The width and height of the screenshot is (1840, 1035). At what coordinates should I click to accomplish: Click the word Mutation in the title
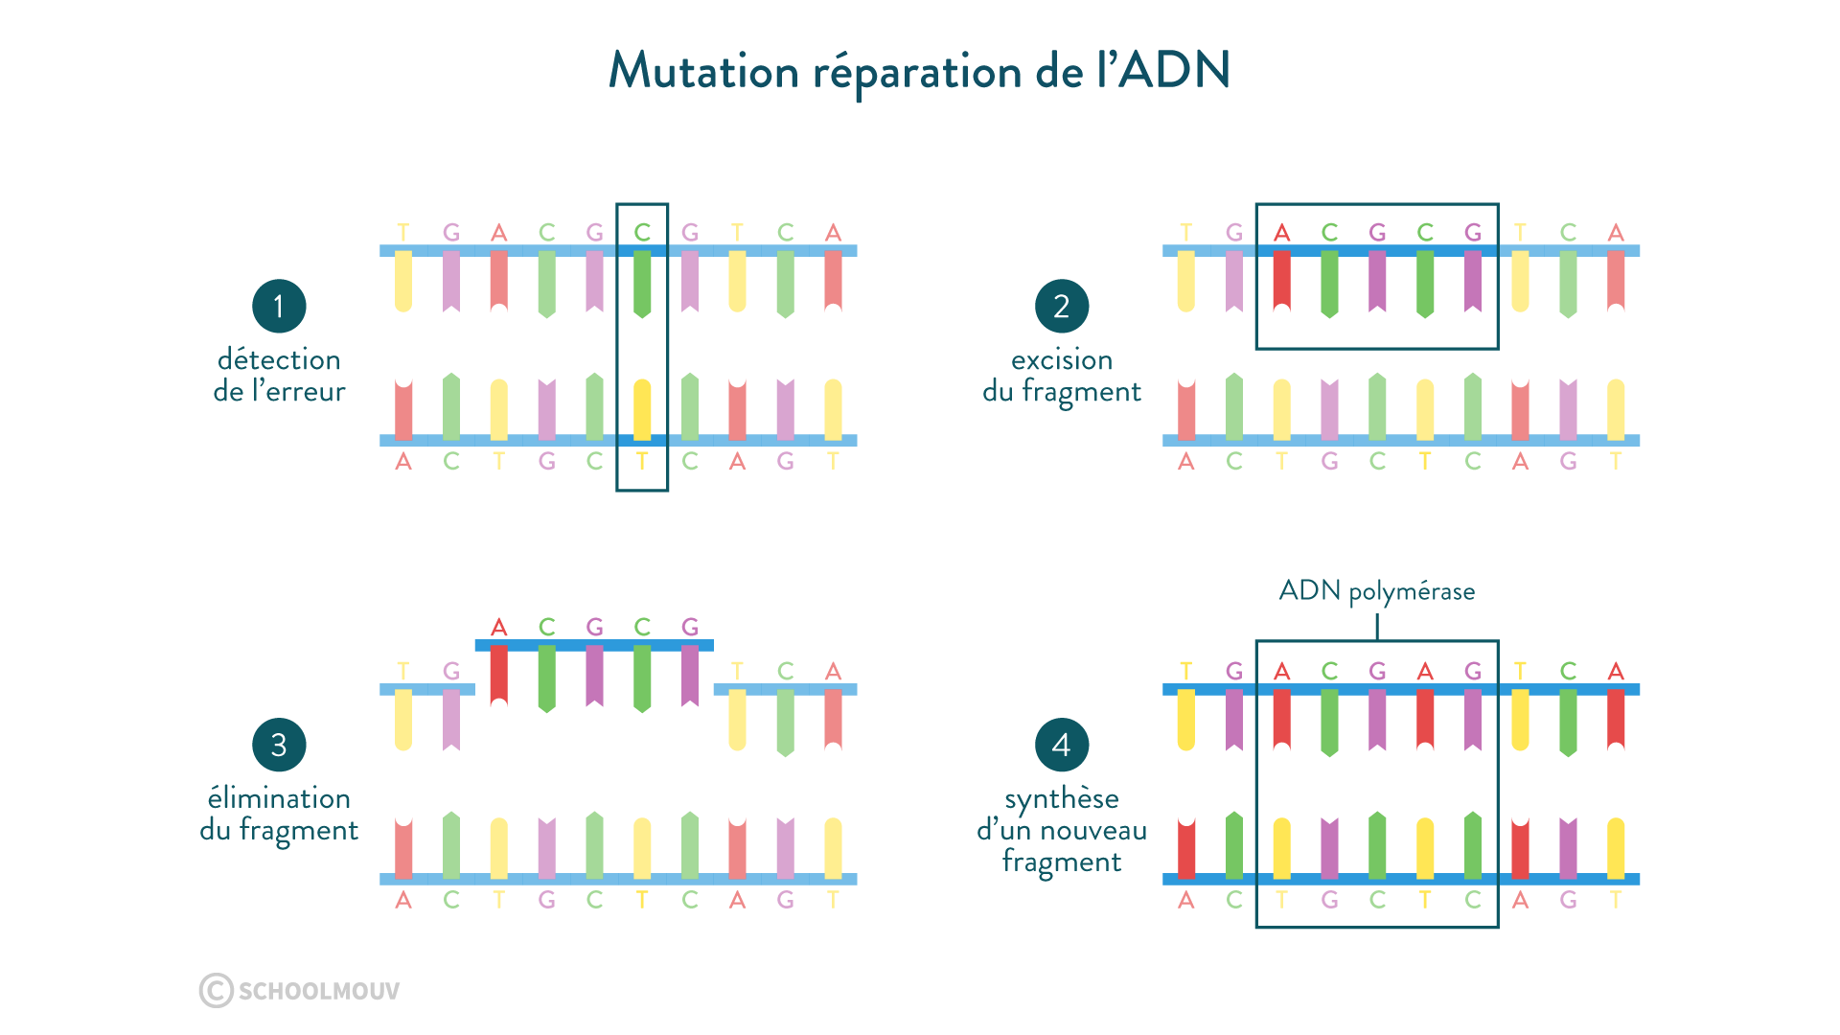coord(702,72)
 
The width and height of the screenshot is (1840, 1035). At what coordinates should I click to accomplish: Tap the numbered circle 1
coord(279,307)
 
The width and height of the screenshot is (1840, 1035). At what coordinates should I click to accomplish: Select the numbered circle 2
coord(1061,307)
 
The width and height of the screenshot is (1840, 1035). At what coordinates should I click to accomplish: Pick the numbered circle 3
coord(279,745)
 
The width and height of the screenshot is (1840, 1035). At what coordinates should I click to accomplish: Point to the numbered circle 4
coord(1061,745)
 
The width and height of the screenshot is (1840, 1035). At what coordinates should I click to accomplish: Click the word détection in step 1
coord(279,360)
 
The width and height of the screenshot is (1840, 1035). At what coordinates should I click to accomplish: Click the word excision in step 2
coord(1061,360)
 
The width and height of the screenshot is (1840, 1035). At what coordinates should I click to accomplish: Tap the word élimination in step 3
coord(279,798)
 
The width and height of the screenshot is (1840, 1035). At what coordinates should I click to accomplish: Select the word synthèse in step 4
coord(1061,798)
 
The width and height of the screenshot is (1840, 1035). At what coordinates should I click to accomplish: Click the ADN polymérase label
coord(1376,590)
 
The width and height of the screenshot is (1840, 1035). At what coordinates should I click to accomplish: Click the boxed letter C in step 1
coord(642,233)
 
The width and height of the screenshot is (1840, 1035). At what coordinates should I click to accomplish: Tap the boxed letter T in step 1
coord(642,461)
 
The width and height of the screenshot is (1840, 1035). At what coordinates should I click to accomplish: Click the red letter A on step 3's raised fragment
coord(498,628)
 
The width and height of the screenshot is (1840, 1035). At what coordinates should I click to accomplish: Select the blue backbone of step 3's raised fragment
coord(594,645)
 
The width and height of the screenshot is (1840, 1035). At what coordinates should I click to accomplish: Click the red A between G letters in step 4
coord(1425,672)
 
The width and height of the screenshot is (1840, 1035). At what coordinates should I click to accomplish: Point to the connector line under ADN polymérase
coord(1376,626)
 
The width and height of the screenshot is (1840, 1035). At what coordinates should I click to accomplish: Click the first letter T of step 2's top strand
coord(1185,233)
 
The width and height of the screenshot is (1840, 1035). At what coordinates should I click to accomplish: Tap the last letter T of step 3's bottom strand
coord(833,900)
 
